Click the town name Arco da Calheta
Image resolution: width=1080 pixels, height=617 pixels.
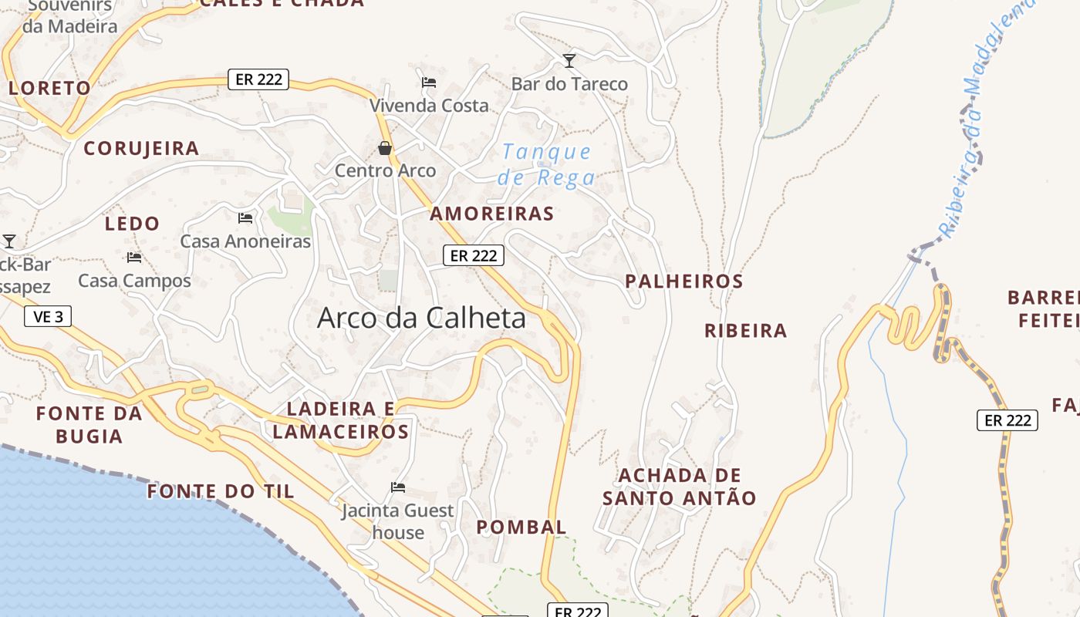click(421, 318)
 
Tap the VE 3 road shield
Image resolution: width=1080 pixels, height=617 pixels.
click(48, 316)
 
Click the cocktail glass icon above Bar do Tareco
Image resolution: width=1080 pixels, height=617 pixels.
click(569, 60)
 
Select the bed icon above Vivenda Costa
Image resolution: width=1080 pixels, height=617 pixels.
click(429, 82)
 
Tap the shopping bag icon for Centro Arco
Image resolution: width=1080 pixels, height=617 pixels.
click(384, 147)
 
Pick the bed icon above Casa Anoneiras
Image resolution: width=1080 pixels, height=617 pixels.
click(245, 218)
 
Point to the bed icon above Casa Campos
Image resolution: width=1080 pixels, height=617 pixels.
click(134, 257)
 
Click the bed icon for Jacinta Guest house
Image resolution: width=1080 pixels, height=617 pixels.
click(398, 487)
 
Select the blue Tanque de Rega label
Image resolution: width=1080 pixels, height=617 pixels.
click(546, 164)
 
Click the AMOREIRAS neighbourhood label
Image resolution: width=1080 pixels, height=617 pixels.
click(492, 214)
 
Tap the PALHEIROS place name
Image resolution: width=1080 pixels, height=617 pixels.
click(684, 282)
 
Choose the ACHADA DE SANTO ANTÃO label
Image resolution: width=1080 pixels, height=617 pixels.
click(680, 487)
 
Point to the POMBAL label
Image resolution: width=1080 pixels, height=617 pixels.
click(521, 528)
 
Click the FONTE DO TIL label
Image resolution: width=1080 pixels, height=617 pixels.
click(221, 491)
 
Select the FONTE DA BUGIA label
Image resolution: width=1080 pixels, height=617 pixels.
click(89, 425)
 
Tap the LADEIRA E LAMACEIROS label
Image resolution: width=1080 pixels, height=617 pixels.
click(341, 420)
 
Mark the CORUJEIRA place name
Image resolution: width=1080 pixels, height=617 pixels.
click(141, 148)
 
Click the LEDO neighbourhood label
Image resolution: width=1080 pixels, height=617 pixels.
click(132, 224)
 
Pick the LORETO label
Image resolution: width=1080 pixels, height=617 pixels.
click(49, 88)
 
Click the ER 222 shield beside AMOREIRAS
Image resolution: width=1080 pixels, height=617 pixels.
click(474, 255)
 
